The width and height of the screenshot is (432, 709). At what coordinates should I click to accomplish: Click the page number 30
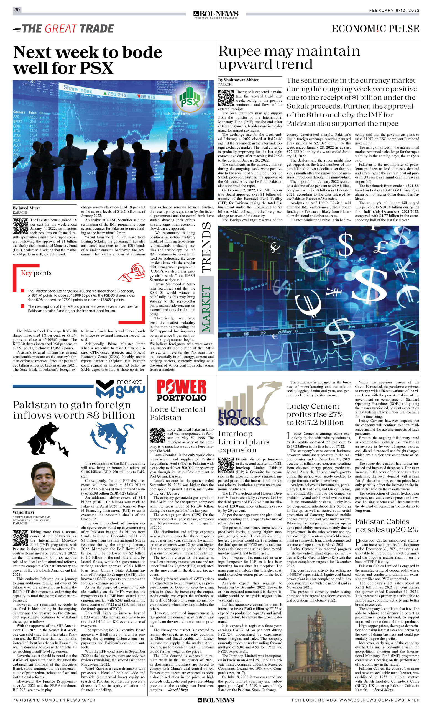(17, 10)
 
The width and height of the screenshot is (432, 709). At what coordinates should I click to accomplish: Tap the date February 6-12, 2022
(394, 10)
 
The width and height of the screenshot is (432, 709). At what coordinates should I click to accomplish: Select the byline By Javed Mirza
(27, 208)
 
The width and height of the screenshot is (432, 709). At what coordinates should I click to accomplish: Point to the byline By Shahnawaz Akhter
(238, 80)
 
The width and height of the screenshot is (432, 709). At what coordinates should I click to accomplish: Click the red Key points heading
(36, 273)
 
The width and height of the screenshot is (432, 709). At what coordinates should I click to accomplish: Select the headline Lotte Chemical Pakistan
(177, 413)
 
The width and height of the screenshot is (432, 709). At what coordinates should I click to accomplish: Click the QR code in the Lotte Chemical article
(157, 435)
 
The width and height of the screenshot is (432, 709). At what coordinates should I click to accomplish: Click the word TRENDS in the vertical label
(206, 248)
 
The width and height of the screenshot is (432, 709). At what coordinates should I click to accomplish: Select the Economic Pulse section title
(375, 29)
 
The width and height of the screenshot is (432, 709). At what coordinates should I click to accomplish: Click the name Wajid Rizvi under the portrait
(23, 513)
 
